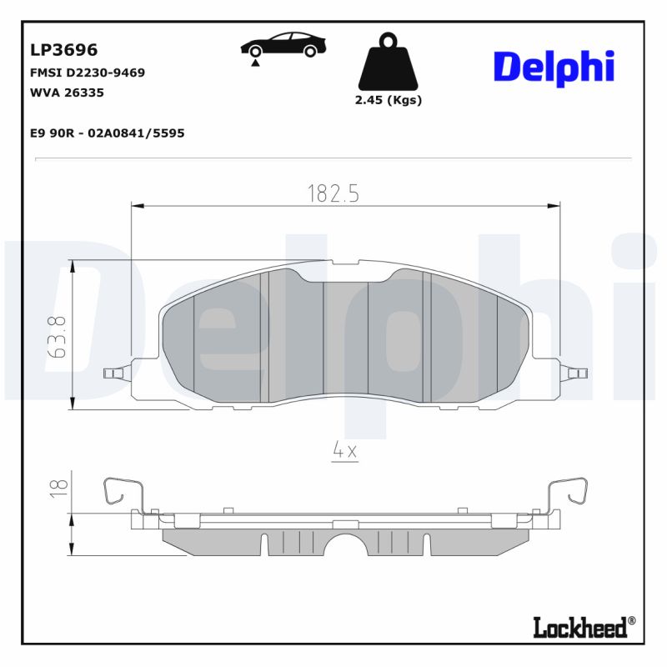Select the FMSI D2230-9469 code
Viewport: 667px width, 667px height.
[88, 73]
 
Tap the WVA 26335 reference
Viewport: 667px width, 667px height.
[67, 93]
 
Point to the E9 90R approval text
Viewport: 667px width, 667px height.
[107, 133]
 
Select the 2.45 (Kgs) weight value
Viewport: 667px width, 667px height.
[389, 100]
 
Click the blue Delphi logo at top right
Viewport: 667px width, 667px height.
[554, 67]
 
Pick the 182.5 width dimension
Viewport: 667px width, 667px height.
[333, 193]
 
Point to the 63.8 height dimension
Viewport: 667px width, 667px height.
[57, 336]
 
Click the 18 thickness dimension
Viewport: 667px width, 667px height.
[57, 489]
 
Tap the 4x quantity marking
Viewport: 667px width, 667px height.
[344, 450]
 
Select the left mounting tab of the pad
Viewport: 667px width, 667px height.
[115, 372]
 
